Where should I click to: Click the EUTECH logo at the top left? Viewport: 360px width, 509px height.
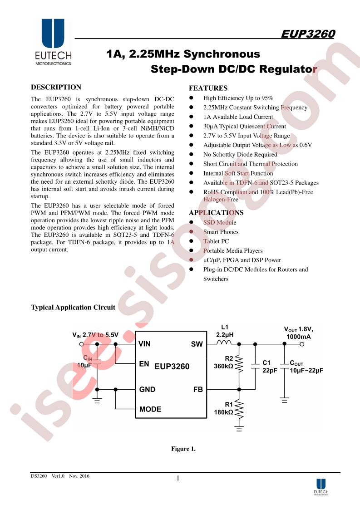(53, 42)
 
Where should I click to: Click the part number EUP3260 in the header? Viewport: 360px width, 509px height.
(308, 34)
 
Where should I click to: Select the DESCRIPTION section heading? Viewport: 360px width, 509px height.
(56, 87)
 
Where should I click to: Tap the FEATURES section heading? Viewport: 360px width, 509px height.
(208, 88)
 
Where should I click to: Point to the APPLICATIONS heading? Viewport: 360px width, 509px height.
(216, 213)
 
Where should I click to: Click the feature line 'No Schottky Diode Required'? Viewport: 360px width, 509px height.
(240, 155)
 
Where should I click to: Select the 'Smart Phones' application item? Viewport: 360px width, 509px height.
(221, 232)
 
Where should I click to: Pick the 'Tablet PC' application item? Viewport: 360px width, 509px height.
(216, 241)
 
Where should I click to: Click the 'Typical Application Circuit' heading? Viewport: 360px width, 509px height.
(73, 308)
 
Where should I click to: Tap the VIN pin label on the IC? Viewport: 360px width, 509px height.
(144, 344)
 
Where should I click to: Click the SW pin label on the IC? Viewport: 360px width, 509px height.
(197, 344)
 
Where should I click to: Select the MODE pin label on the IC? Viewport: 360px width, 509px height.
(150, 409)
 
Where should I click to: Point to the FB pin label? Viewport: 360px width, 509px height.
(198, 390)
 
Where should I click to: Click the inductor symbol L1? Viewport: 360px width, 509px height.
(224, 342)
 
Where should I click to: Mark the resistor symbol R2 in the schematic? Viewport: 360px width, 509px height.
(239, 364)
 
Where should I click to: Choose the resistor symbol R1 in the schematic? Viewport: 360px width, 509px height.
(239, 409)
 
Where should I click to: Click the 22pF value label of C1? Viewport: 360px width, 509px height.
(270, 370)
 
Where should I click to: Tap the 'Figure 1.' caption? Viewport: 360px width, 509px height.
(183, 449)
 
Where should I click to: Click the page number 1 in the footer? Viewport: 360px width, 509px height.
(178, 478)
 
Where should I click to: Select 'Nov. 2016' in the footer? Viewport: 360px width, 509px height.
(79, 476)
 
